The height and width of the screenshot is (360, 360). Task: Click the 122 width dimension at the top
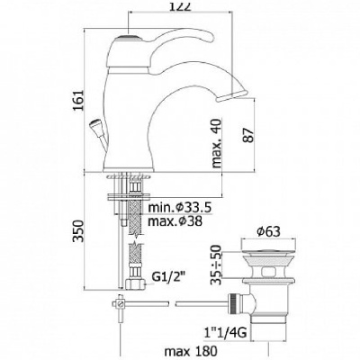tap(181, 5)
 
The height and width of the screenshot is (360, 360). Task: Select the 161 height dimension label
tap(79, 100)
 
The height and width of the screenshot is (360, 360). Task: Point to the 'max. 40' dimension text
tap(216, 143)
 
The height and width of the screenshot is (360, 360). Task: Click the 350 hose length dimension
tap(79, 230)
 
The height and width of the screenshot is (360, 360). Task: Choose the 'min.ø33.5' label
tap(180, 207)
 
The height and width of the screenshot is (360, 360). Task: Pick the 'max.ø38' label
tap(175, 221)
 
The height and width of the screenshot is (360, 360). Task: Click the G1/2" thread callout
tap(167, 277)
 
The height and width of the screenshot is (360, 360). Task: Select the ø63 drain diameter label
tap(268, 231)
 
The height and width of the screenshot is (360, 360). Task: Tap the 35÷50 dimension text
tap(216, 265)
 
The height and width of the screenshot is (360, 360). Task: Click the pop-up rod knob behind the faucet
tap(94, 125)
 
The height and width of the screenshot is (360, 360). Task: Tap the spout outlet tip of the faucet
tap(232, 95)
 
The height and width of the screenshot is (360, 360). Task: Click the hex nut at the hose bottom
tap(135, 283)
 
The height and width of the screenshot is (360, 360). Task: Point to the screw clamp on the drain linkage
tap(120, 304)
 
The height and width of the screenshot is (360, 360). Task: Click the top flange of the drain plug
tap(269, 243)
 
